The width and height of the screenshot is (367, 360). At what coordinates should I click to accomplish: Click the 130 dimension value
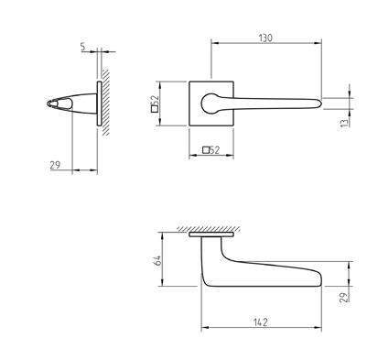[x=265, y=38]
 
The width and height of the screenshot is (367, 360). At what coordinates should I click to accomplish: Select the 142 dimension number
[x=260, y=322]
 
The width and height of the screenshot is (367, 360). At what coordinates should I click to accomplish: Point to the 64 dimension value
[x=157, y=260]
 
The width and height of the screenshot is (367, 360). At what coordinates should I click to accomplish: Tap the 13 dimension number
[x=344, y=123]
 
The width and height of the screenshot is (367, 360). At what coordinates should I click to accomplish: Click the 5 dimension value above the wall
[x=82, y=47]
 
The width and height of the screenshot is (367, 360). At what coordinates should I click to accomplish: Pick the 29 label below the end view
[x=55, y=165]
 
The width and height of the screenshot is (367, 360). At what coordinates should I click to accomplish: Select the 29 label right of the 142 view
[x=344, y=297]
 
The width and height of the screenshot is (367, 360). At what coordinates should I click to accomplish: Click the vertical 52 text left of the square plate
[x=155, y=100]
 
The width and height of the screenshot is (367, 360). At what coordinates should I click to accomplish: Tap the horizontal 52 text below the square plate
[x=215, y=150]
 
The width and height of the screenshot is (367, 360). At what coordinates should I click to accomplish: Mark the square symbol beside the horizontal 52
[x=206, y=150]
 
